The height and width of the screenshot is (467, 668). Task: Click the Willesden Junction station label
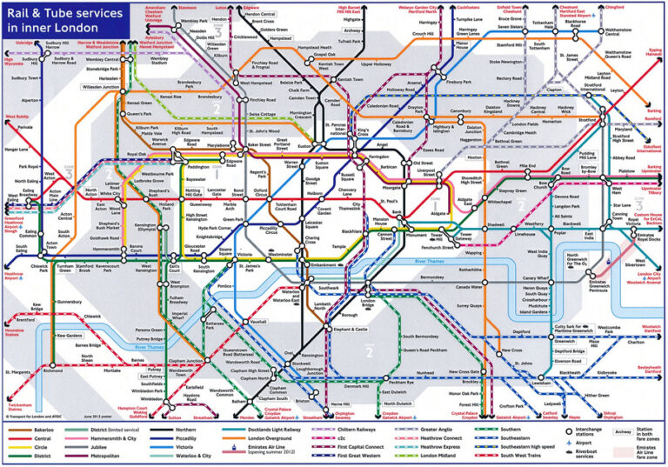tap(106, 88)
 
